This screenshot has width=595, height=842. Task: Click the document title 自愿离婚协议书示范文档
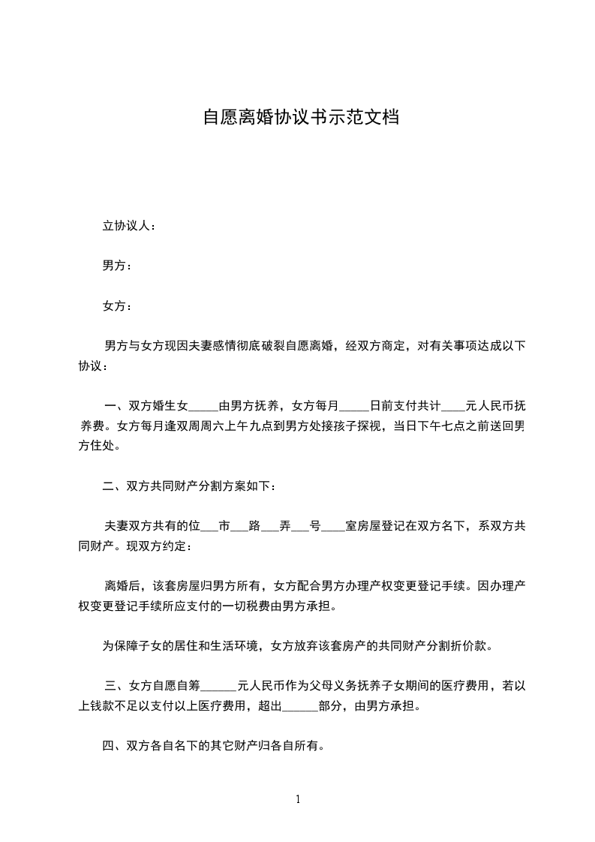click(300, 118)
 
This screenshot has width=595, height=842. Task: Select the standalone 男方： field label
click(118, 266)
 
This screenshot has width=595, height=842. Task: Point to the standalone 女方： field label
click(118, 306)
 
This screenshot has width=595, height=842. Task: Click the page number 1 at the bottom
click(298, 799)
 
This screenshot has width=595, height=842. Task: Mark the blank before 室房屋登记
click(333, 527)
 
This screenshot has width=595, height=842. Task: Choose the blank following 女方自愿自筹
click(219, 686)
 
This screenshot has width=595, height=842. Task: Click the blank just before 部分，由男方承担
click(301, 706)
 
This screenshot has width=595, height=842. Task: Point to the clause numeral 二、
click(114, 487)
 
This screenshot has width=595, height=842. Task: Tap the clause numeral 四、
click(114, 746)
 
